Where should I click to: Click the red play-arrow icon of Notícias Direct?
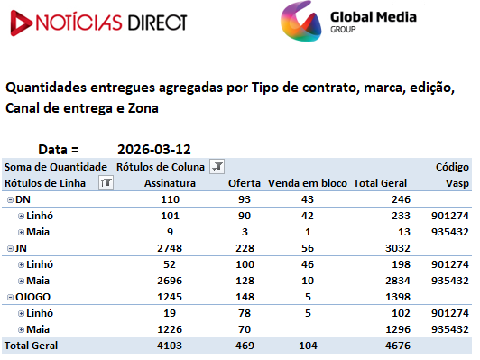pyautogui.click(x=21, y=23)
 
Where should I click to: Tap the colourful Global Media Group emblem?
pyautogui.click(x=301, y=22)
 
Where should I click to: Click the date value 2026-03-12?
pyautogui.click(x=154, y=150)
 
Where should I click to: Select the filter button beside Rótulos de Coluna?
pyautogui.click(x=217, y=167)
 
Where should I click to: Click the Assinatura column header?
pyautogui.click(x=170, y=183)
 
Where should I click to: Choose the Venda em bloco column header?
pyautogui.click(x=308, y=183)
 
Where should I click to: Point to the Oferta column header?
pyautogui.click(x=245, y=183)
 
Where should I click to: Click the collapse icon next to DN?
pyautogui.click(x=11, y=199)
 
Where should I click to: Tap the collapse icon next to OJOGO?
pyautogui.click(x=11, y=297)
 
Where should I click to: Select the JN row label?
pyautogui.click(x=21, y=248)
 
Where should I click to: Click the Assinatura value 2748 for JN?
pyautogui.click(x=170, y=248)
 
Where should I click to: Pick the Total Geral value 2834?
pyautogui.click(x=398, y=281)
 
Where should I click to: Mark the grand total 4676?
pyautogui.click(x=398, y=346)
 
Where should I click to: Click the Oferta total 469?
pyautogui.click(x=245, y=346)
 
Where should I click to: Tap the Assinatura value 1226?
pyautogui.click(x=170, y=329)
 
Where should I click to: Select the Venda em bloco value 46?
pyautogui.click(x=308, y=264)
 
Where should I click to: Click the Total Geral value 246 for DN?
pyautogui.click(x=401, y=199)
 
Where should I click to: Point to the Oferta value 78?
pyautogui.click(x=245, y=313)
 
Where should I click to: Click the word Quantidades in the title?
pyautogui.click(x=46, y=88)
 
